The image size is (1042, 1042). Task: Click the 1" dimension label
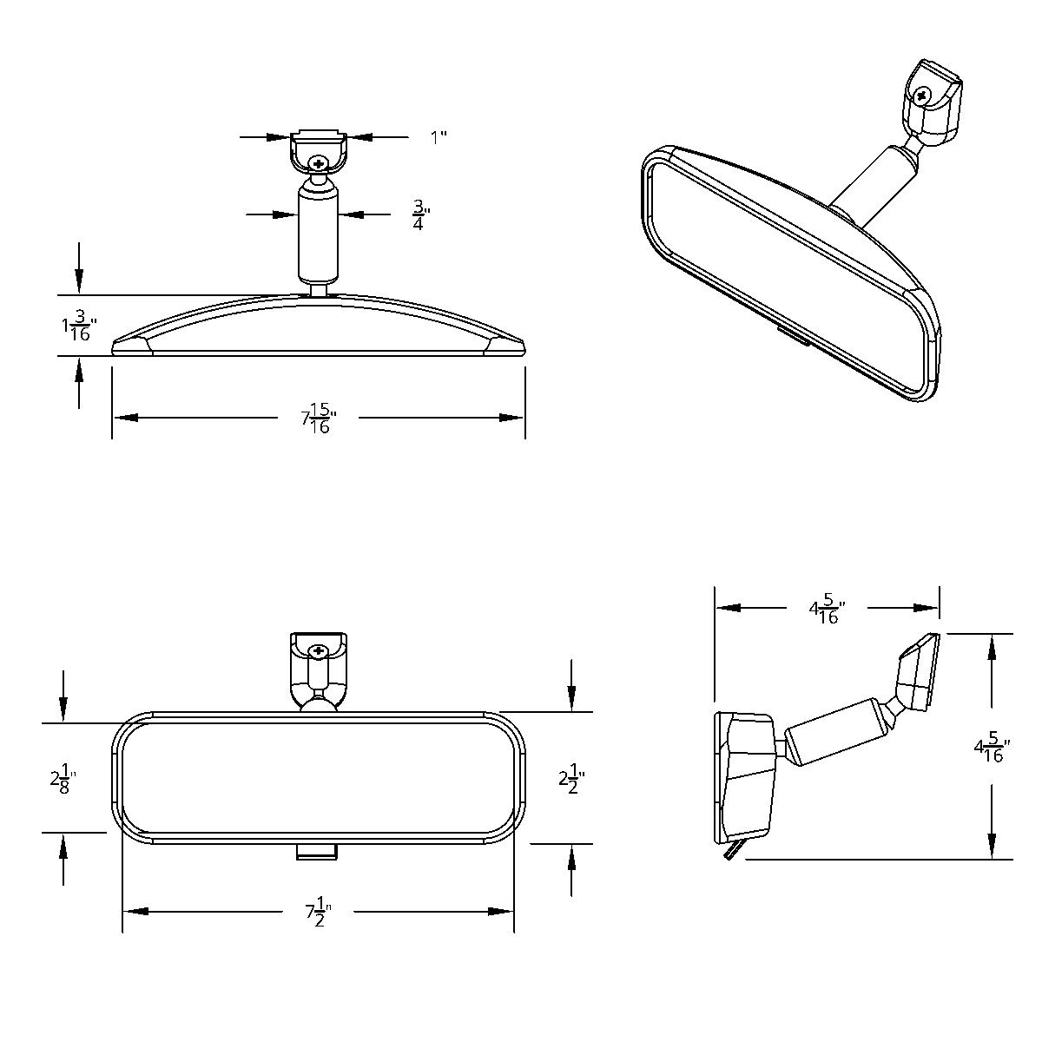pos(439,137)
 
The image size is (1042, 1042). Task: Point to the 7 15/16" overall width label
pos(319,418)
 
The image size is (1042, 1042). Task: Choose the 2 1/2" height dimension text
pos(570,778)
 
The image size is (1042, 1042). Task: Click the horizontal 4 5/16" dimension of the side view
pos(828,609)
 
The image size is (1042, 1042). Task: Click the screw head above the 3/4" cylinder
pos(320,163)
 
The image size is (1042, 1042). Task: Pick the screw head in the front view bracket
pos(319,650)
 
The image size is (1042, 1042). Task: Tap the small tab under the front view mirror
pos(317,853)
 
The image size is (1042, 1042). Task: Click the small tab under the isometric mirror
pos(792,336)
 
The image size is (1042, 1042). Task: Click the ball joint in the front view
pos(319,702)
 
